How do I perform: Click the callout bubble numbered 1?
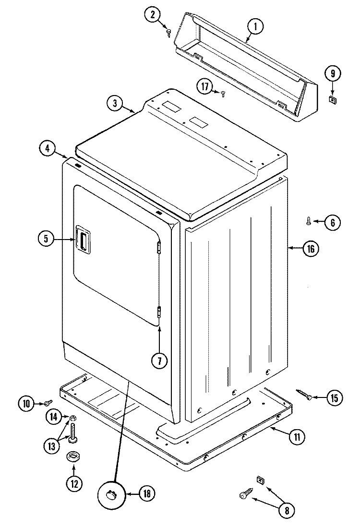[255, 27]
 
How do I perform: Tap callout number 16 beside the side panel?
[310, 248]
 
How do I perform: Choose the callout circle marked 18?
[147, 493]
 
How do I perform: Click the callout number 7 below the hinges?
[160, 361]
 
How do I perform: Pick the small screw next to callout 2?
[169, 32]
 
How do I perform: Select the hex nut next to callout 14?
[72, 418]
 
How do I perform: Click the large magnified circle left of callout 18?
[111, 493]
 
